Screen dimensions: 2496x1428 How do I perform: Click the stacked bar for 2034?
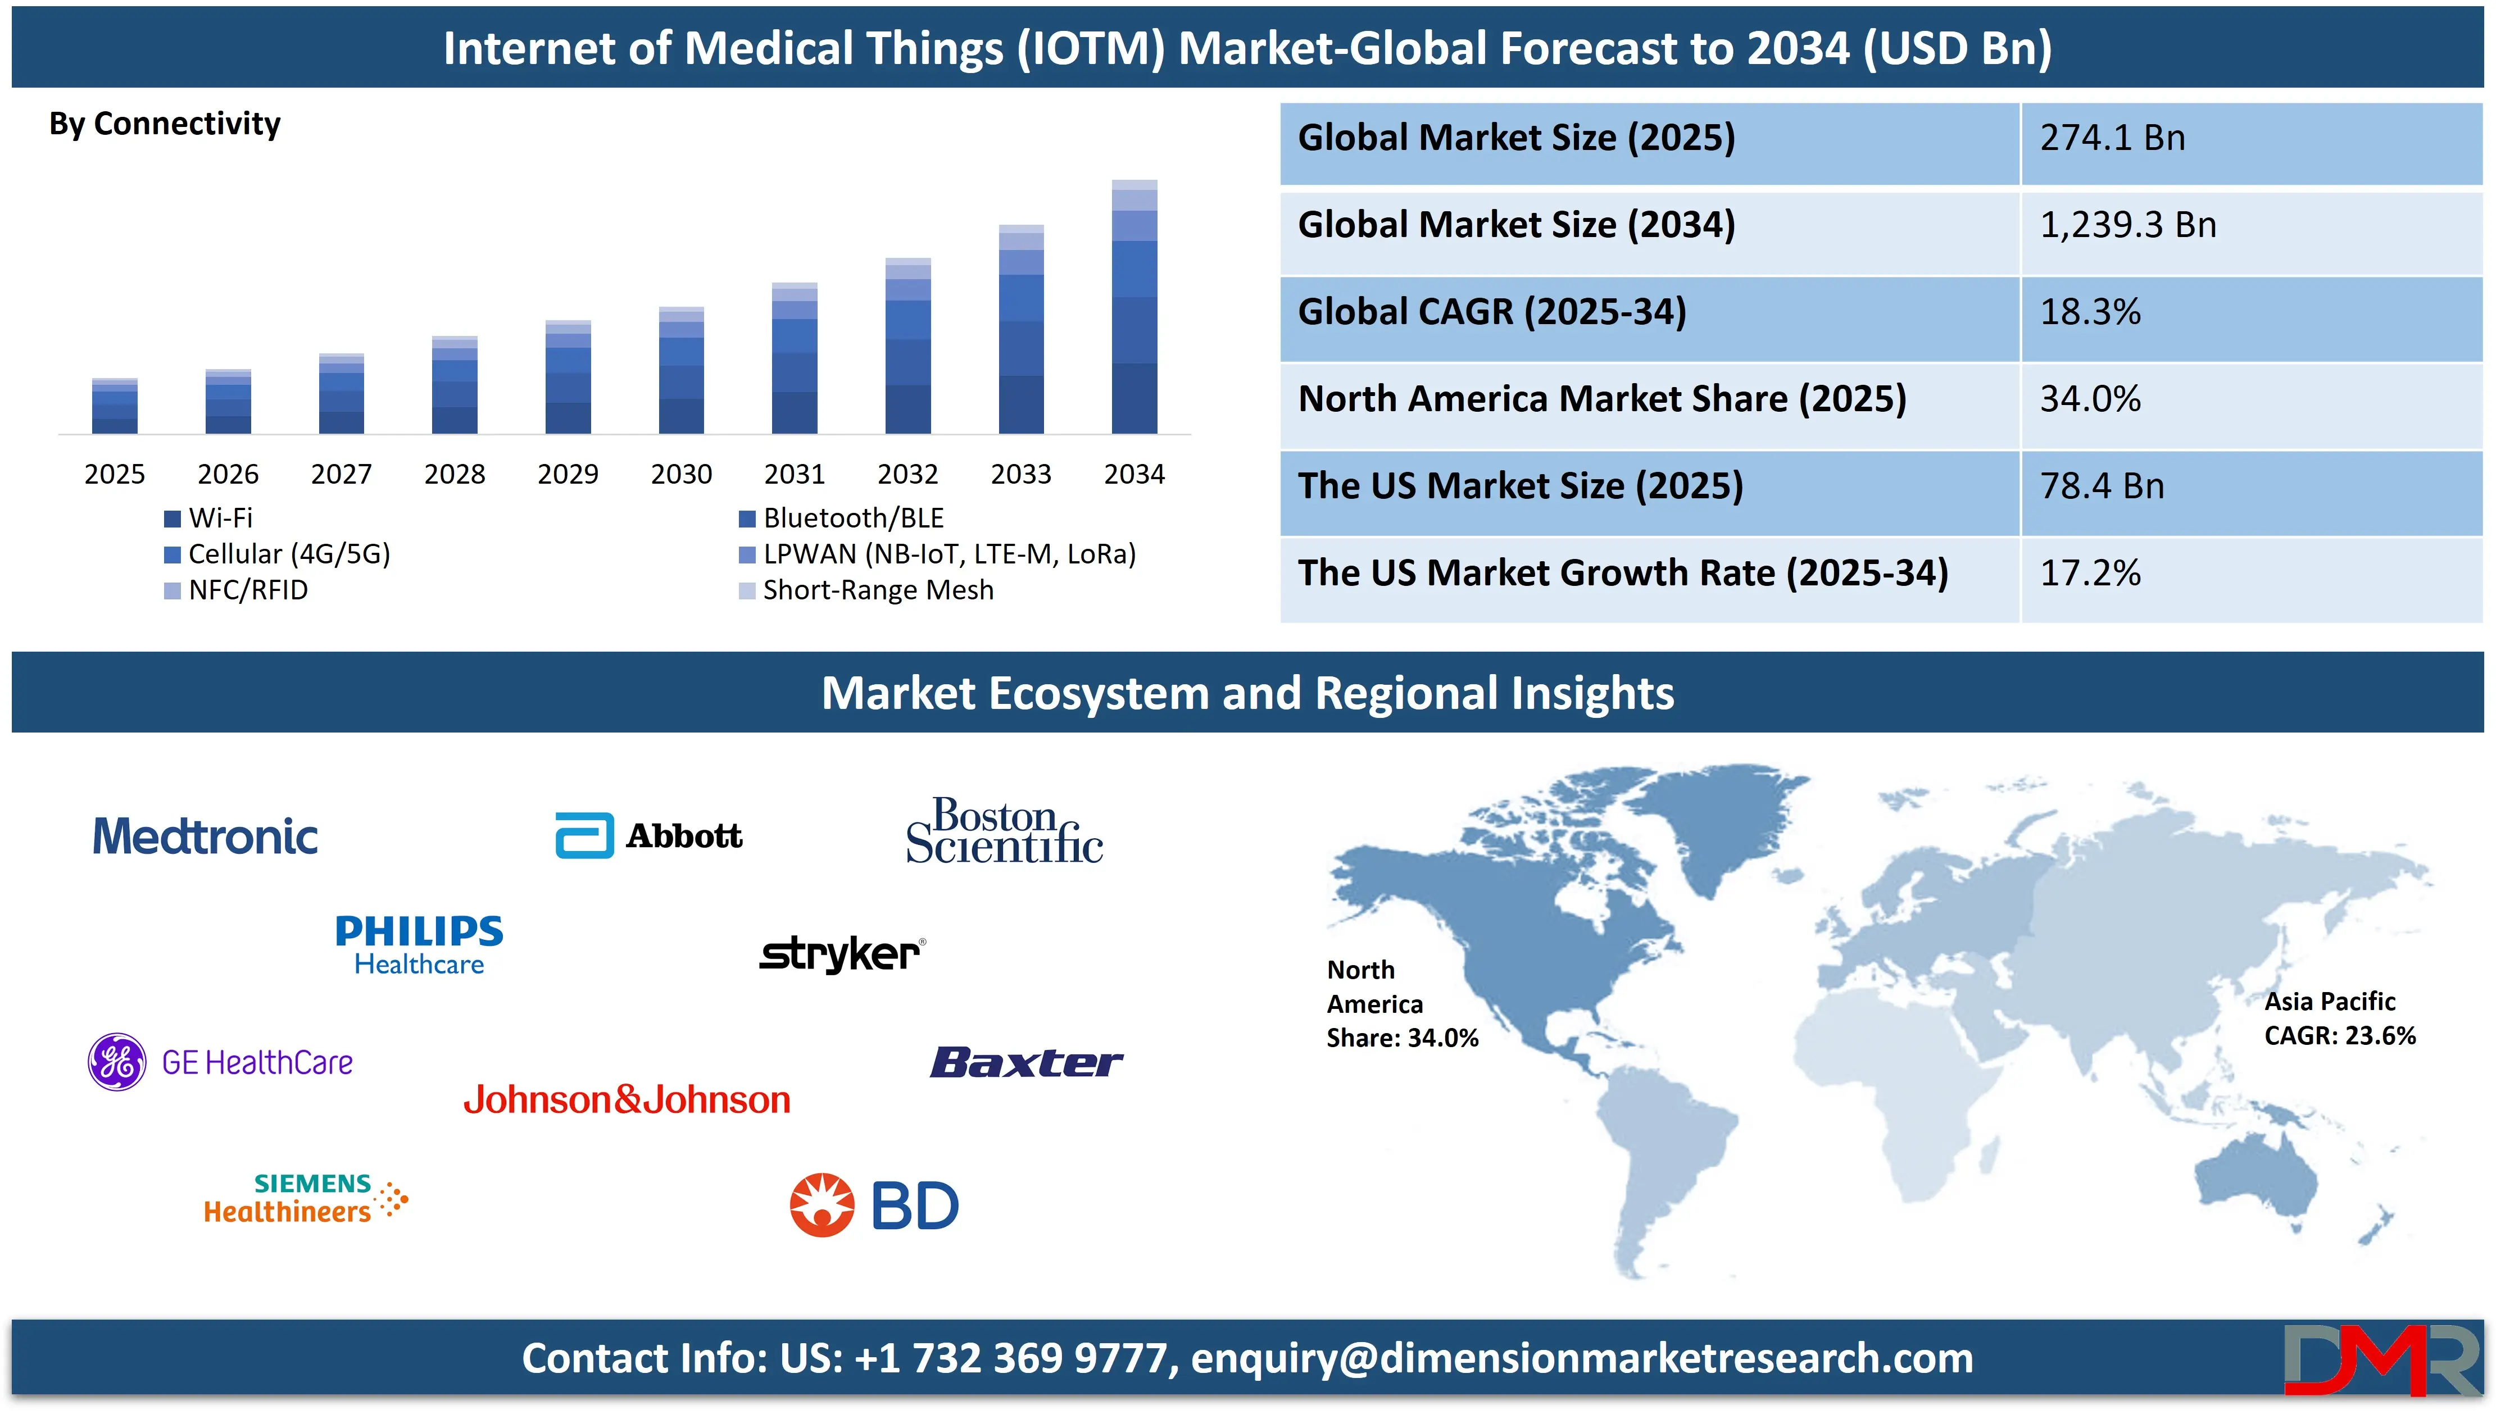(1134, 306)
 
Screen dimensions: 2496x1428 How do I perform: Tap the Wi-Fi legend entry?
(209, 518)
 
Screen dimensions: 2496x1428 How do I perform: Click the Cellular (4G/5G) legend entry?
(278, 554)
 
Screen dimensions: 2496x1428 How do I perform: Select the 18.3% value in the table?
(2090, 312)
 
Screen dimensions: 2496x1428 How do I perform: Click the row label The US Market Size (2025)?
(1520, 486)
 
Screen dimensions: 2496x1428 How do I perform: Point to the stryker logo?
(842, 953)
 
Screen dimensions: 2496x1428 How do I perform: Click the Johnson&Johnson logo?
(627, 1099)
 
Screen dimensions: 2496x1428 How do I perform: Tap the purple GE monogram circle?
(117, 1062)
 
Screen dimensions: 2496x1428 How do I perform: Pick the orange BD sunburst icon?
(822, 1206)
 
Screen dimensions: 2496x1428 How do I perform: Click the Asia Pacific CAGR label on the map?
(2339, 1018)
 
